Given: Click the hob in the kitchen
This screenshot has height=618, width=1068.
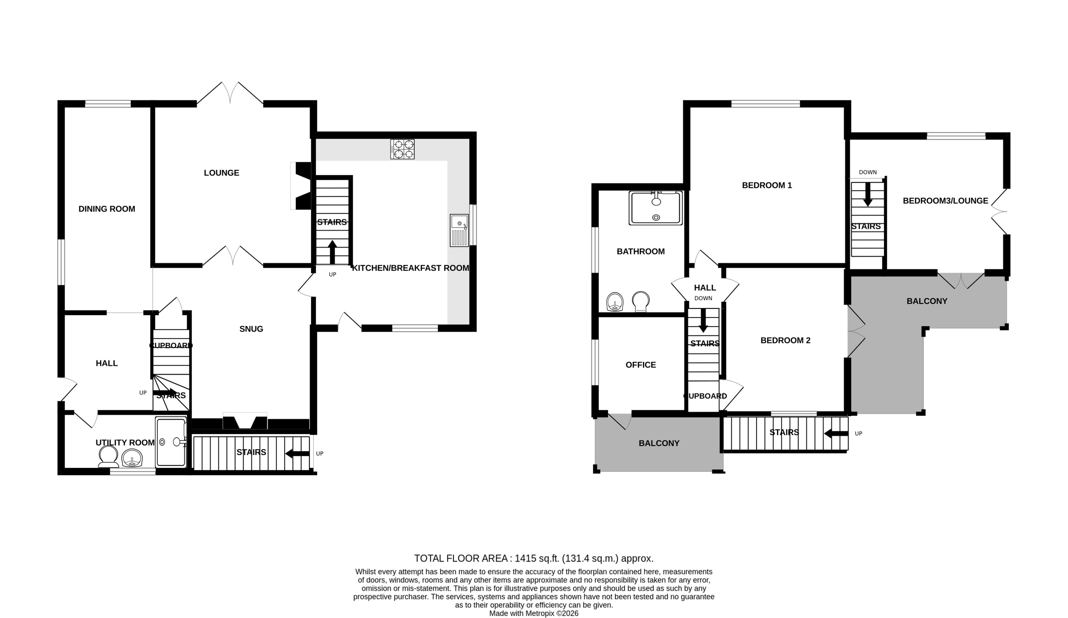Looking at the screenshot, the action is (402, 149).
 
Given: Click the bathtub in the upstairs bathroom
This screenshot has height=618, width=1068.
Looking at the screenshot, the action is (656, 208).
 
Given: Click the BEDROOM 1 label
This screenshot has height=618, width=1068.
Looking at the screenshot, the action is (767, 185).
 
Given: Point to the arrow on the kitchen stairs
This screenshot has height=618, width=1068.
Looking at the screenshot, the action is (332, 252).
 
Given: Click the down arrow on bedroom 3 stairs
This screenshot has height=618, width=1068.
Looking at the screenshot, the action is (868, 194).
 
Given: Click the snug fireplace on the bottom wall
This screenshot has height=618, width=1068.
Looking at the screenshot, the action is (245, 422).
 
